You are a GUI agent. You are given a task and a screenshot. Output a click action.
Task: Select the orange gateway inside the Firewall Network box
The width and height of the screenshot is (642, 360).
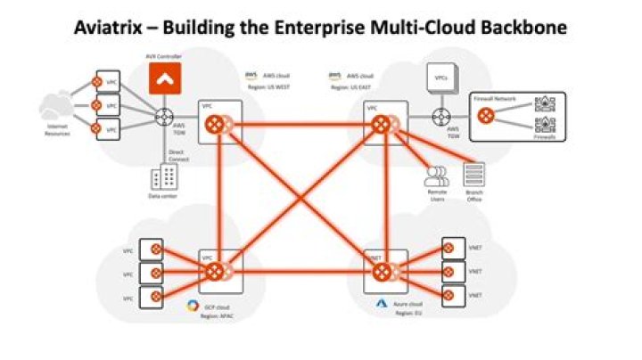pyautogui.click(x=485, y=114)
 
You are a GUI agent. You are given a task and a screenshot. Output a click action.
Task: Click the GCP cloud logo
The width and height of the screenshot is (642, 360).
pyautogui.click(x=190, y=306)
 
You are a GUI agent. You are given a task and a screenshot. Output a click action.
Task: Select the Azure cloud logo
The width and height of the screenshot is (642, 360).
pyautogui.click(x=378, y=305)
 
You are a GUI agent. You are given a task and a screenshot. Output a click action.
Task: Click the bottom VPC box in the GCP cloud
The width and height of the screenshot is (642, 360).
pyautogui.click(x=154, y=294)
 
